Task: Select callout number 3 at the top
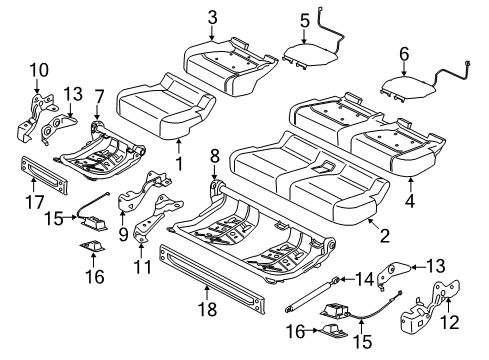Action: tap(211, 16)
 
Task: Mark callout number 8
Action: tap(215, 155)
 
